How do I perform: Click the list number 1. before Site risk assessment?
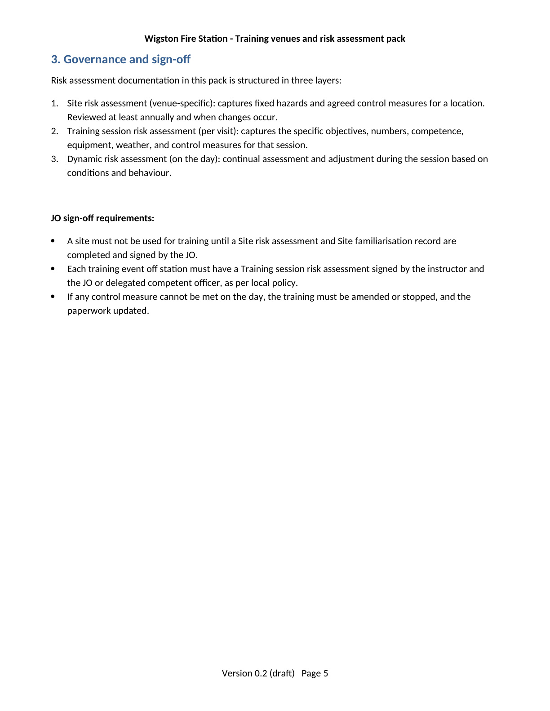[54, 104]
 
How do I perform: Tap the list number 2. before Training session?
[54, 132]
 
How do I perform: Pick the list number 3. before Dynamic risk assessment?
[54, 159]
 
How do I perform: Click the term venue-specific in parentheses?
[182, 104]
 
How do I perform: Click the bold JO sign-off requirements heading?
[102, 219]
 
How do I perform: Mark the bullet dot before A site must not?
[53, 241]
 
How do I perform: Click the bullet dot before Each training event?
[53, 269]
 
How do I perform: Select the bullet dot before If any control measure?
[53, 297]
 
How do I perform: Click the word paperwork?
[88, 311]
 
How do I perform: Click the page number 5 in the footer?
[326, 673]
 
